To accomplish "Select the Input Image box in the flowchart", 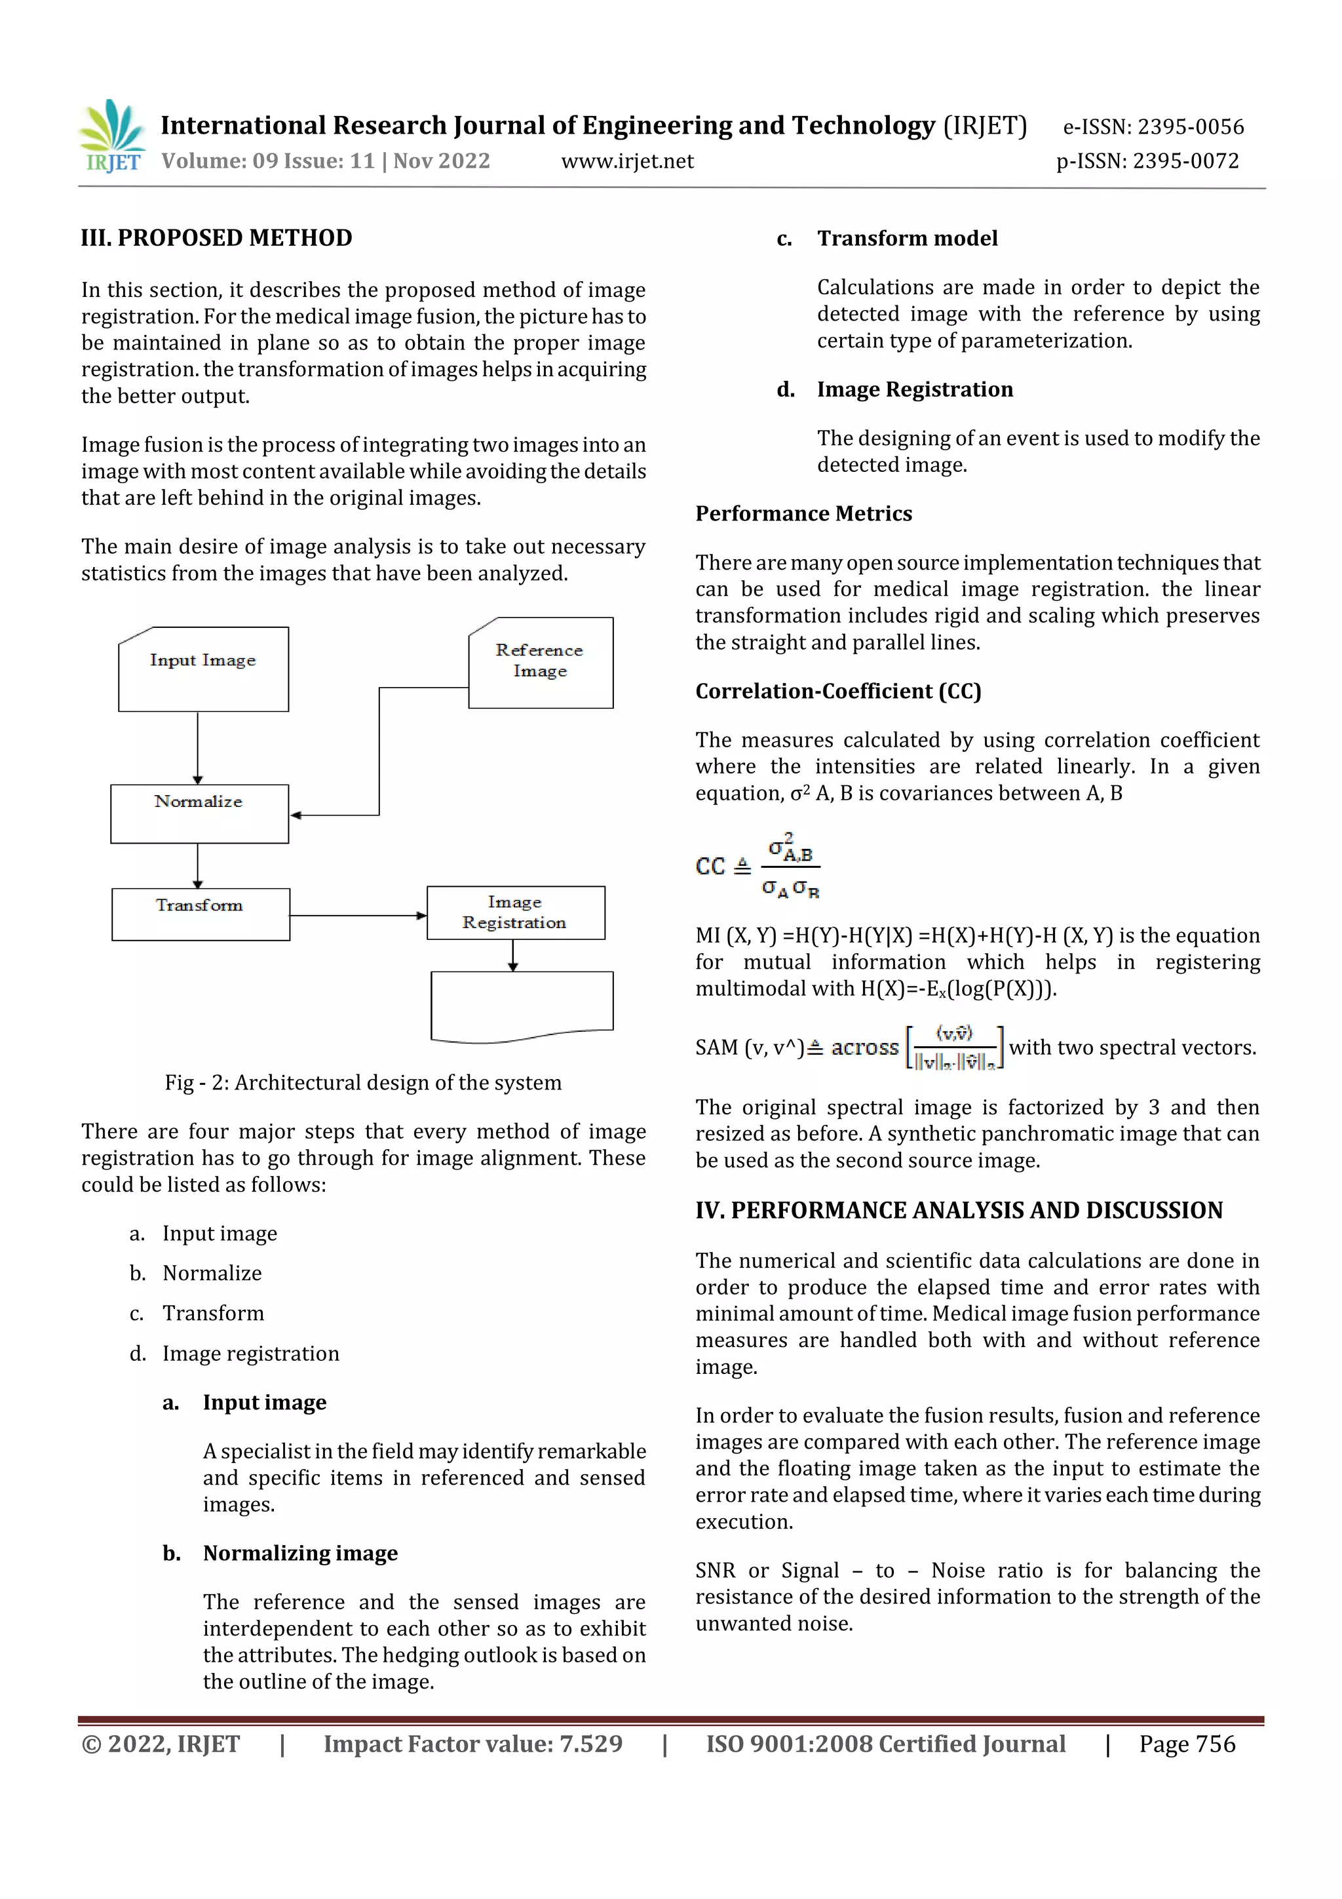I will (x=203, y=670).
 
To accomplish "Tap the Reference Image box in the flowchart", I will (x=540, y=663).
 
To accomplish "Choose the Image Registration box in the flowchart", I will (x=515, y=912).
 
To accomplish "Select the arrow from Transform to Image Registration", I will (x=357, y=916).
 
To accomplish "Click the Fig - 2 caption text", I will (x=362, y=1083).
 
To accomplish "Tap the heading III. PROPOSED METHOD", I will (x=217, y=238).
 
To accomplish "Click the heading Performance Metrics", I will (x=803, y=514).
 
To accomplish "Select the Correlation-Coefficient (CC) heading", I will (x=837, y=692).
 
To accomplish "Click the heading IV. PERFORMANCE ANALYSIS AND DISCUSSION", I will (x=958, y=1211).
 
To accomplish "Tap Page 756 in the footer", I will (x=1187, y=1744).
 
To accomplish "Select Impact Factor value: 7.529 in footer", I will (x=473, y=1744).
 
